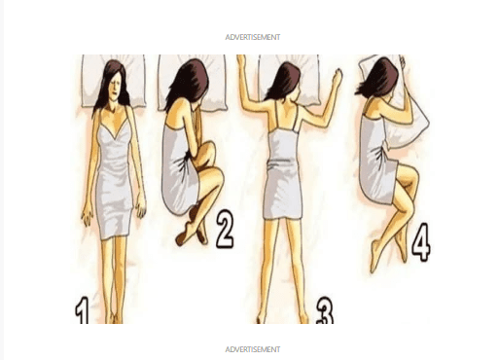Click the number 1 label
point(83,311)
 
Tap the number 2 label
point(225,229)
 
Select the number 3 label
point(325,311)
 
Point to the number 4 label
point(421,242)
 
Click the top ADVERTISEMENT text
point(253,37)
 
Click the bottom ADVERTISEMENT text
point(253,349)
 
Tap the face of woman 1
point(117,88)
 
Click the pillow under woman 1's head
point(113,81)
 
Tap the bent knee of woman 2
point(217,177)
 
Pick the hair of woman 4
point(378,77)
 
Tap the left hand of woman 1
point(141,206)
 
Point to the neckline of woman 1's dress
point(115,129)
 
